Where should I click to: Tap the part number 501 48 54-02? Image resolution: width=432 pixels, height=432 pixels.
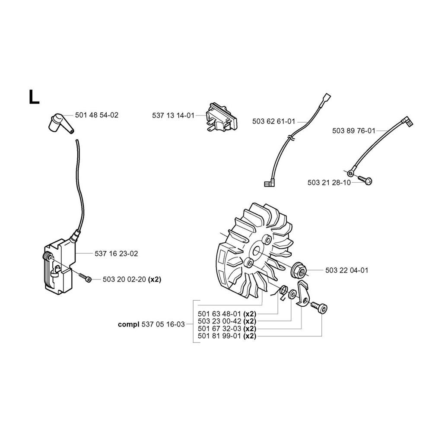click(97, 115)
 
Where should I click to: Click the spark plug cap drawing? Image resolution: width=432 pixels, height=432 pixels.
click(60, 123)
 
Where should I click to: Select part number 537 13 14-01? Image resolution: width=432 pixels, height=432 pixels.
click(173, 115)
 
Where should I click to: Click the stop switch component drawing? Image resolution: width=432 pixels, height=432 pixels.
click(221, 118)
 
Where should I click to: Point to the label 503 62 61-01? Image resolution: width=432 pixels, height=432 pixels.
click(273, 121)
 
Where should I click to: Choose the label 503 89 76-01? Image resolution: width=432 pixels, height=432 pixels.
click(354, 130)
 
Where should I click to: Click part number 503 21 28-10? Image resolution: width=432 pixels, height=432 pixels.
click(329, 183)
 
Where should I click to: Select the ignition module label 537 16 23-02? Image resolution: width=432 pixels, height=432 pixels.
click(116, 254)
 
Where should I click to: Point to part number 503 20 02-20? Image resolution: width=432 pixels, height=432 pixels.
click(124, 280)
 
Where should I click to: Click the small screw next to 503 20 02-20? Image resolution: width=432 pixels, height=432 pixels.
click(85, 277)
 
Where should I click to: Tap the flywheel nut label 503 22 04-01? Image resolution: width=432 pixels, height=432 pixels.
click(346, 270)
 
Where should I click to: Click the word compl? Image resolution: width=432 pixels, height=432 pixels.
click(129, 324)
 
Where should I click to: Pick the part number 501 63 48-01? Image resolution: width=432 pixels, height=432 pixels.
click(219, 314)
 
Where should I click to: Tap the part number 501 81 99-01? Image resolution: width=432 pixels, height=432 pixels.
click(219, 336)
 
